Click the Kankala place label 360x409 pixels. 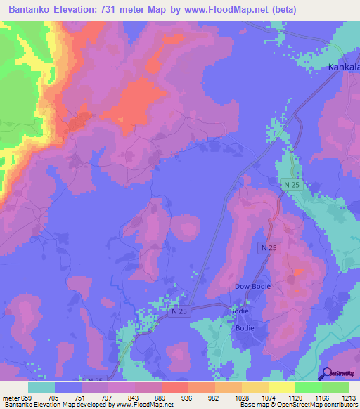(x=344, y=67)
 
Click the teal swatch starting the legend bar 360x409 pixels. (x=41, y=387)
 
